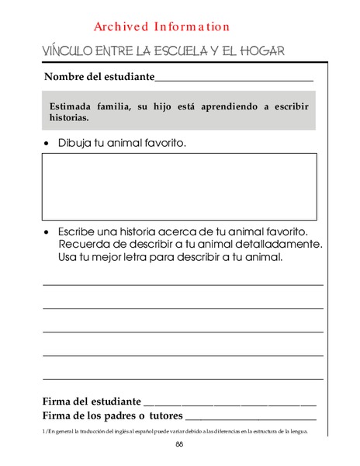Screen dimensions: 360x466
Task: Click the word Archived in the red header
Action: pyautogui.click(x=121, y=26)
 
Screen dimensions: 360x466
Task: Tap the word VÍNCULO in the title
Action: pyautogui.click(x=71, y=51)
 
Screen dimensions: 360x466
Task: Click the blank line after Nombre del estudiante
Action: pyautogui.click(x=234, y=79)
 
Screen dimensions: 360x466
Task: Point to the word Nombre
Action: pyautogui.click(x=64, y=77)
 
